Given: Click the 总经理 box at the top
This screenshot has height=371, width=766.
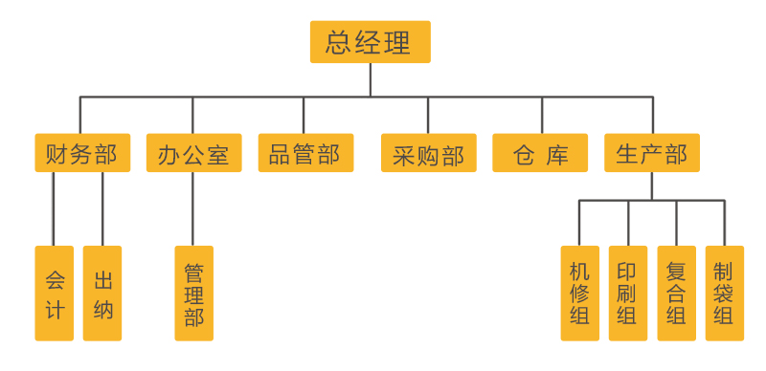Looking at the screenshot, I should [370, 43].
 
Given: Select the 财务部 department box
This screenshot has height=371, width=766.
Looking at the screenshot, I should [80, 153].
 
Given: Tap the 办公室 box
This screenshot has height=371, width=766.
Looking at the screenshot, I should [193, 153].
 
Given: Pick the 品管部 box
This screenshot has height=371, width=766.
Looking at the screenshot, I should [304, 153].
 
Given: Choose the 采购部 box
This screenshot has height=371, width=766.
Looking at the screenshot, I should [428, 153].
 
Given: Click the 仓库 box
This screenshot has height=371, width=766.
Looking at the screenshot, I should [541, 153].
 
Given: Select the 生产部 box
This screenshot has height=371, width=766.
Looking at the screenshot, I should [652, 153].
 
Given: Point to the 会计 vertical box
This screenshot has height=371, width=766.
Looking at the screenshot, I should [55, 294].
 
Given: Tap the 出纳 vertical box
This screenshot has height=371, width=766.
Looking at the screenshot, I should [102, 294].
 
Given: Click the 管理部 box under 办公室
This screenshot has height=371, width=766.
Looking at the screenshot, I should [193, 294].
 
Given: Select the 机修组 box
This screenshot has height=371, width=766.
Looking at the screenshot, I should [580, 294].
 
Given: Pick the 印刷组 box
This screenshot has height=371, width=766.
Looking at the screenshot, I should [628, 294].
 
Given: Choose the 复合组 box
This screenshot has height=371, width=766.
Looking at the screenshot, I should [677, 294].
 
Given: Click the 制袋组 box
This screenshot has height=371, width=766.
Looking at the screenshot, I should [724, 294].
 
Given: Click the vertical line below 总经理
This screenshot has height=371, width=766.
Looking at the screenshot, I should [370, 80].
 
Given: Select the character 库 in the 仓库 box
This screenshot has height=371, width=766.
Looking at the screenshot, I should [557, 154].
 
